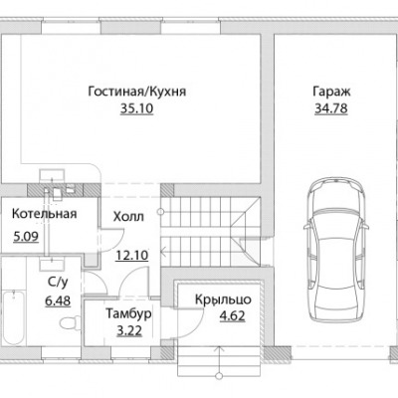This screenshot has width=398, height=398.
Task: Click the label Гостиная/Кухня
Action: click(137, 92)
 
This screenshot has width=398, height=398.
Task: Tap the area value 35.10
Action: click(137, 108)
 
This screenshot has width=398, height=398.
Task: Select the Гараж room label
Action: click(331, 92)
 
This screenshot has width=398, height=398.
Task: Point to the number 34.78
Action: click(331, 108)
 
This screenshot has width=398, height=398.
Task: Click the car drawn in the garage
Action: click(336, 249)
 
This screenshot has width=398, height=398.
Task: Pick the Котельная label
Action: click(44, 214)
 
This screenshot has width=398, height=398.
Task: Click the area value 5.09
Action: click(26, 237)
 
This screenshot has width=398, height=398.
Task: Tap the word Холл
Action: click(128, 217)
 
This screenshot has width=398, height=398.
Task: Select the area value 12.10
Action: click(131, 256)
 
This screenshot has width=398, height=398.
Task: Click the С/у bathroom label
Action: click(58, 283)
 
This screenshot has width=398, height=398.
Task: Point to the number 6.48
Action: click(58, 300)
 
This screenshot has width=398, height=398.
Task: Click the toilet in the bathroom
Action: click(71, 322)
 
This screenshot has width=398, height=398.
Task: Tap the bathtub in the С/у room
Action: click(13, 317)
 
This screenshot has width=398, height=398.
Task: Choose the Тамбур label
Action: click(128, 313)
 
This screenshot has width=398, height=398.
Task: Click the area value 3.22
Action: click(129, 330)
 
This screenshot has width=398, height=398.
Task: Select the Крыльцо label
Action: click(223, 299)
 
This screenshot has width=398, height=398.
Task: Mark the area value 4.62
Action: click(232, 315)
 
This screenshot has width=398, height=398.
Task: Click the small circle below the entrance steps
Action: click(218, 376)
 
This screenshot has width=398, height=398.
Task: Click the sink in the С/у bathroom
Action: click(52, 264)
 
